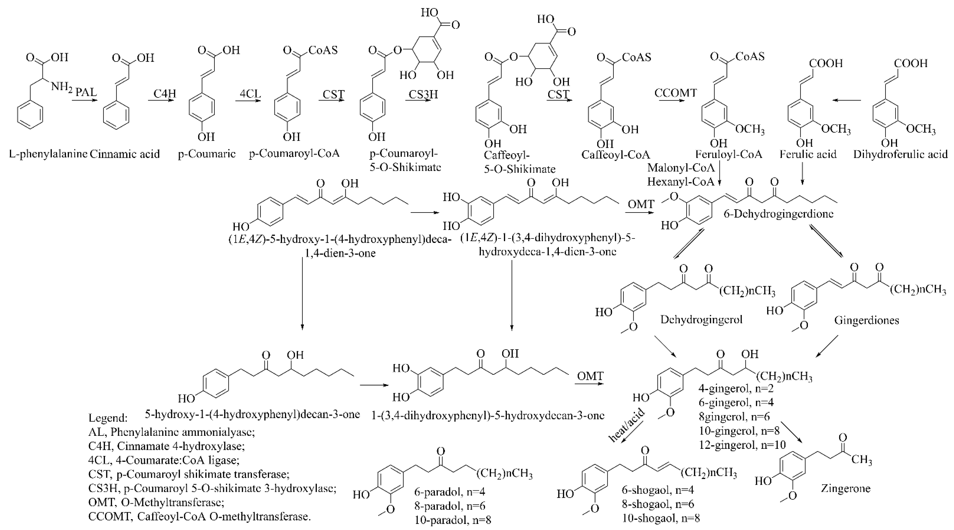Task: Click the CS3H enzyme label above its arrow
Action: (x=423, y=94)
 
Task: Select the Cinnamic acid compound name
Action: (x=125, y=154)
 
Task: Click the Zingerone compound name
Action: (x=846, y=488)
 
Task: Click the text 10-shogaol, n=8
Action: (x=661, y=518)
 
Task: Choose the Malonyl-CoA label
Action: (x=681, y=168)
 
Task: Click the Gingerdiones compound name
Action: (x=867, y=320)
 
